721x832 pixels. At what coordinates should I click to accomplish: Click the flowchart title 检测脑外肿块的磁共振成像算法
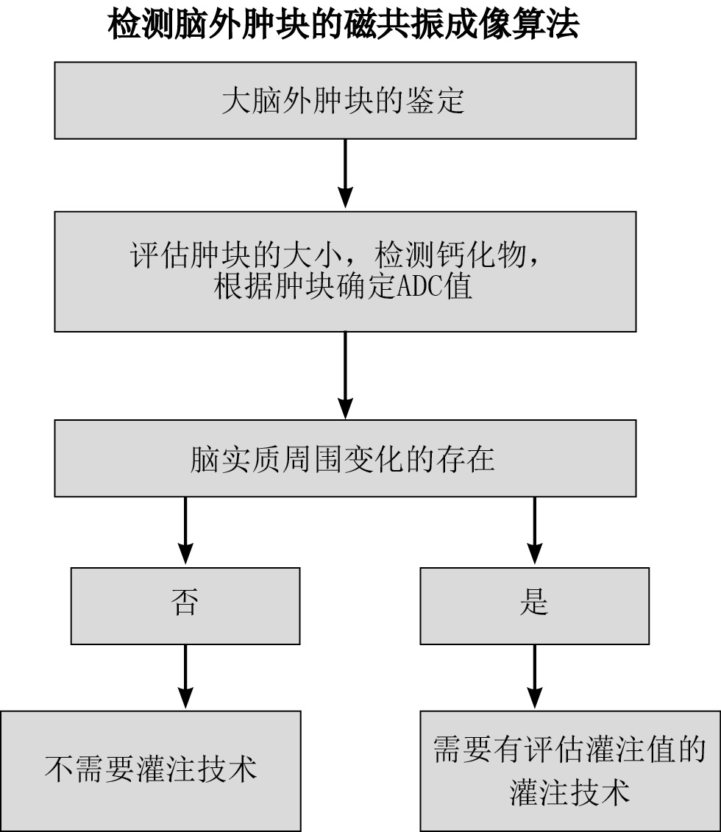pyautogui.click(x=344, y=25)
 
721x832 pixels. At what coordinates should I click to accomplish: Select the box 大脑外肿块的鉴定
pyautogui.click(x=344, y=100)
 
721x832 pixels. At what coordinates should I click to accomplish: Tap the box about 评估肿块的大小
pyautogui.click(x=344, y=271)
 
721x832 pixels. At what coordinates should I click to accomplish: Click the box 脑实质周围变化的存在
pyautogui.click(x=344, y=458)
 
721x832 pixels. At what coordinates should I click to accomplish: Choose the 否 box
pyautogui.click(x=185, y=605)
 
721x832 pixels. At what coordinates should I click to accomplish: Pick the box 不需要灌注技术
pyautogui.click(x=151, y=770)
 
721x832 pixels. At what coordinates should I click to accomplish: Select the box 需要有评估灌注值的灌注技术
pyautogui.click(x=570, y=770)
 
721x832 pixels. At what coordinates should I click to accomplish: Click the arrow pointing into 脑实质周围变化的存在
pyautogui.click(x=345, y=375)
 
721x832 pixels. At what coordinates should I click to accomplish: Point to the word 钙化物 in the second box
pyautogui.click(x=482, y=257)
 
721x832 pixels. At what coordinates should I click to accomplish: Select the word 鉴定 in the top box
pyautogui.click(x=436, y=101)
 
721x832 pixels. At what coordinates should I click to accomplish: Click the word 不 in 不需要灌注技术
pyautogui.click(x=57, y=769)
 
